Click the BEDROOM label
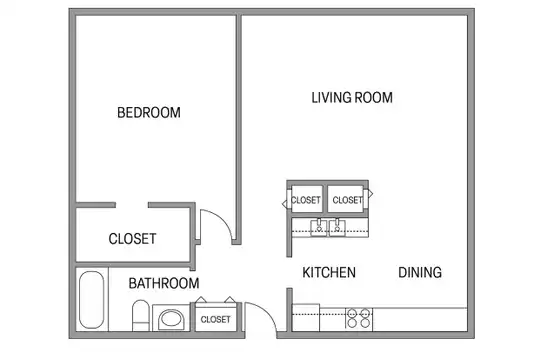point(149,113)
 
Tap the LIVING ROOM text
point(352,97)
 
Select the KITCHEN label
point(329,272)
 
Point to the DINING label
point(420,272)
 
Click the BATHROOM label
point(164,284)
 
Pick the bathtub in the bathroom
point(92,300)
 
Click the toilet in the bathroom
point(141,315)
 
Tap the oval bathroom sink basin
point(171,319)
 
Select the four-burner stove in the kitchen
point(359,319)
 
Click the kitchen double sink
point(328,227)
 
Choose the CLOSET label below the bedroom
point(132,239)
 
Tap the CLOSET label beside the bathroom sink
point(216,320)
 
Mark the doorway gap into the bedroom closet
point(132,205)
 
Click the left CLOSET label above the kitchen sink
point(305,200)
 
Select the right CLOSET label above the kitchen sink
point(347,200)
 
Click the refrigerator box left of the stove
point(306,318)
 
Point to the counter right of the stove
point(420,319)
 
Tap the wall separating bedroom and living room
point(238,129)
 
